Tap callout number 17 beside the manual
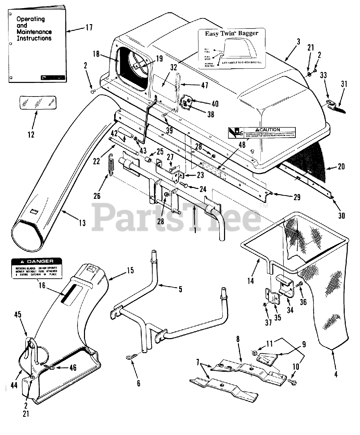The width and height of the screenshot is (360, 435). (89, 27)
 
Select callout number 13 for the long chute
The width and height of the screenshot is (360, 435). (82, 223)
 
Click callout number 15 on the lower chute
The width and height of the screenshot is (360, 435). (130, 271)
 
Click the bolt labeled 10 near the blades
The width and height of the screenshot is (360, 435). (291, 382)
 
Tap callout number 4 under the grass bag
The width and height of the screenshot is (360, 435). (336, 375)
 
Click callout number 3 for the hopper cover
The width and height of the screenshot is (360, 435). (298, 42)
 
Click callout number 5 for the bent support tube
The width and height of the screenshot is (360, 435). (180, 289)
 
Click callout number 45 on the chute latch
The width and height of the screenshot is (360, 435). (18, 315)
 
